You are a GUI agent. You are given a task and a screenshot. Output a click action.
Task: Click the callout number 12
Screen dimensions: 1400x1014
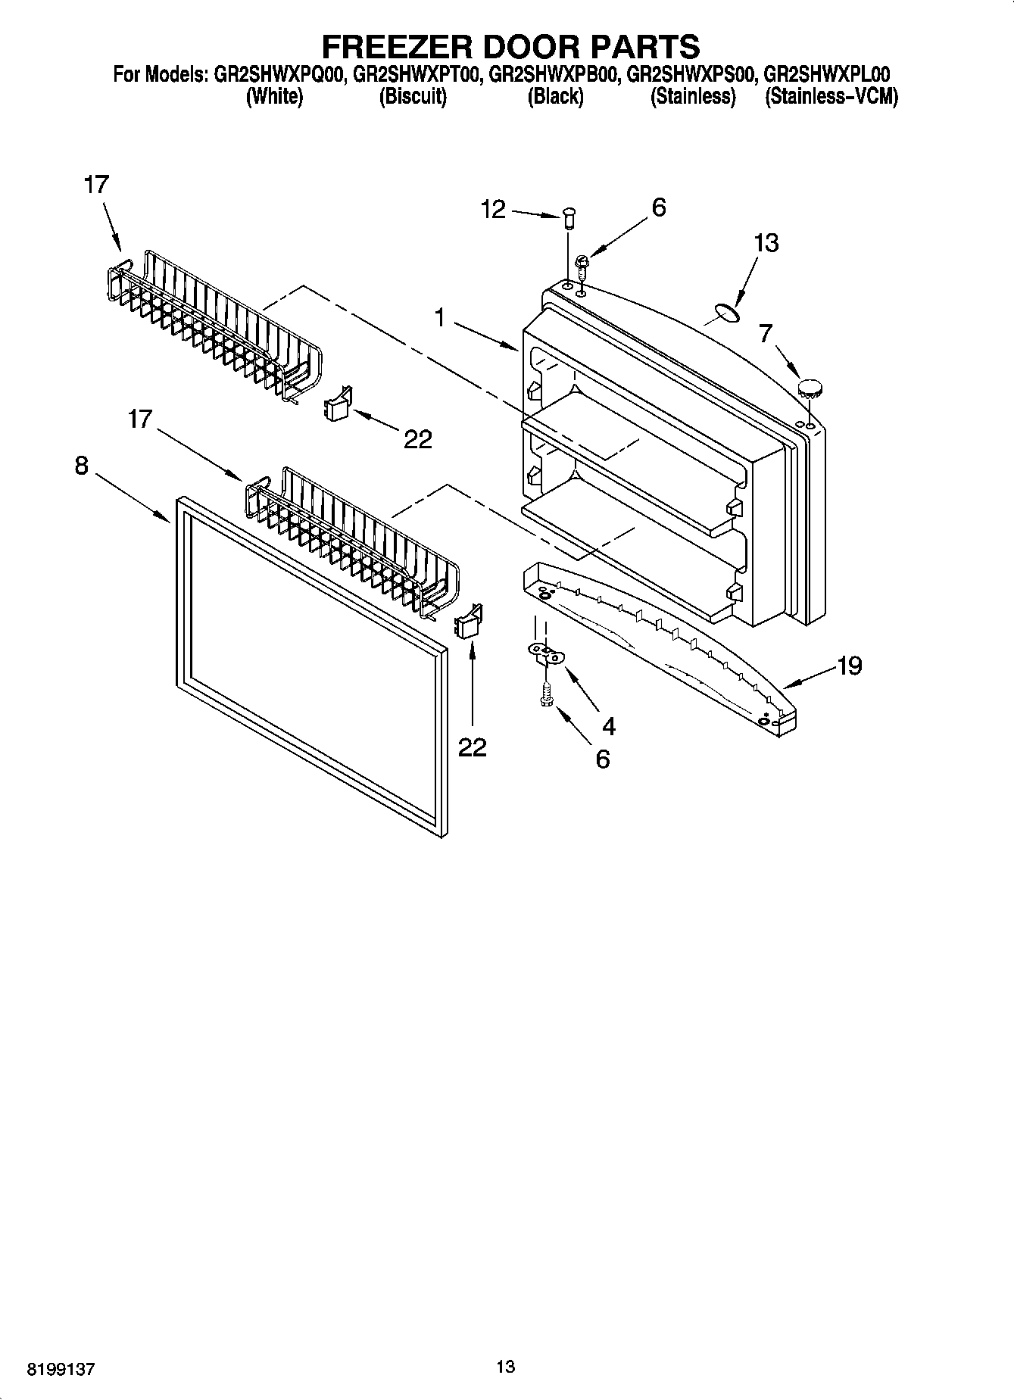(x=493, y=209)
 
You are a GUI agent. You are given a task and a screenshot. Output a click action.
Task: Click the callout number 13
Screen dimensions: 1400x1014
(x=766, y=243)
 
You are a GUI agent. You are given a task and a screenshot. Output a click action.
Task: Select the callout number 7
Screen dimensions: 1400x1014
(x=766, y=332)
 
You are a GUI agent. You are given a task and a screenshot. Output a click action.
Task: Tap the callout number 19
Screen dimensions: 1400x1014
(x=850, y=666)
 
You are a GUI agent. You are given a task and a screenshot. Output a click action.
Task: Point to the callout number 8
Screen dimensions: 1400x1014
(x=81, y=465)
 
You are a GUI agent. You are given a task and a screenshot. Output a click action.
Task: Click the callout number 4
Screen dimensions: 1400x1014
(x=608, y=726)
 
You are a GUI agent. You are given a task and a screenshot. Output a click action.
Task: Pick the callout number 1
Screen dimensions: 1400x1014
(x=439, y=318)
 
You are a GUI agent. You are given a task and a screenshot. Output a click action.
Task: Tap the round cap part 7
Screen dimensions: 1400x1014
(x=811, y=389)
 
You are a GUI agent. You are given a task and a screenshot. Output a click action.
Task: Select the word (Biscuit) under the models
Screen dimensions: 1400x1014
(x=413, y=97)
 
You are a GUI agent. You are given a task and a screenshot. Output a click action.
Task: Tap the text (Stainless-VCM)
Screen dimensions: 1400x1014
(x=831, y=97)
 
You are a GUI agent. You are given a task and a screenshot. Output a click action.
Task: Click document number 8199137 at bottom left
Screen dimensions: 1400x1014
(x=61, y=1370)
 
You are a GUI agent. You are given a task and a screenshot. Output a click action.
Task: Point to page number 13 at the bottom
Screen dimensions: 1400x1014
(x=505, y=1366)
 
